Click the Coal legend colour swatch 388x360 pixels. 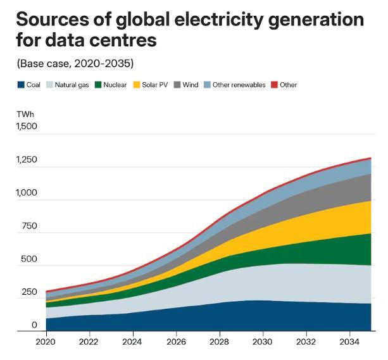coord(20,85)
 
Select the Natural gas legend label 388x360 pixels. coord(72,85)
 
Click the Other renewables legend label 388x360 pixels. coord(239,85)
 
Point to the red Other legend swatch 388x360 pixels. coord(275,85)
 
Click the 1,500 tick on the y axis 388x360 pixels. coord(27,127)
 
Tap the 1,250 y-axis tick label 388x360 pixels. coord(27,160)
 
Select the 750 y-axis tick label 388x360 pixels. coord(29,227)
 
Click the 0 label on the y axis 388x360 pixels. coord(35,325)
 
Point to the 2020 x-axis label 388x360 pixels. coord(46,342)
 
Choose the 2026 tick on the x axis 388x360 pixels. coord(176,342)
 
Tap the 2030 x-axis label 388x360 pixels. coord(263,342)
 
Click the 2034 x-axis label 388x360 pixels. coord(349,342)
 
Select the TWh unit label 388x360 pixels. coord(25,114)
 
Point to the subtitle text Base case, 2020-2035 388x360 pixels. coord(75,63)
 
